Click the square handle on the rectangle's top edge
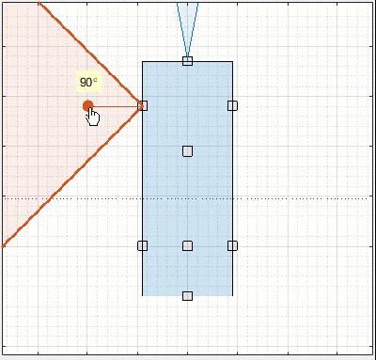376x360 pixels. (x=187, y=61)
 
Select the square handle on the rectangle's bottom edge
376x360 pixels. (x=187, y=296)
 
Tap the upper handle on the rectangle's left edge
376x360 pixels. (x=143, y=105)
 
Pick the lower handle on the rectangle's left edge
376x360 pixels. (x=143, y=245)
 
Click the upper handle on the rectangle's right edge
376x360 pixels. (x=232, y=105)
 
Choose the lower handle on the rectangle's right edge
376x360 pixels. (x=232, y=245)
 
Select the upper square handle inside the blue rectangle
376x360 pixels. (x=187, y=150)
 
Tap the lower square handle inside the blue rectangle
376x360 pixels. (x=187, y=245)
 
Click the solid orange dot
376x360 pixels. (x=87, y=106)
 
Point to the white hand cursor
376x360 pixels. (x=93, y=117)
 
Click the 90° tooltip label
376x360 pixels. (x=88, y=83)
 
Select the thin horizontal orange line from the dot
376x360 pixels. (x=117, y=105)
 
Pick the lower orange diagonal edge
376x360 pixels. (x=70, y=179)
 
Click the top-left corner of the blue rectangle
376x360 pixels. (x=143, y=62)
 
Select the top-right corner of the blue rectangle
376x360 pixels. (x=232, y=62)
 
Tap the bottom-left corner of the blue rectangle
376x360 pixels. (x=143, y=295)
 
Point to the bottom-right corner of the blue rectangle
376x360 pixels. (x=232, y=295)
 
